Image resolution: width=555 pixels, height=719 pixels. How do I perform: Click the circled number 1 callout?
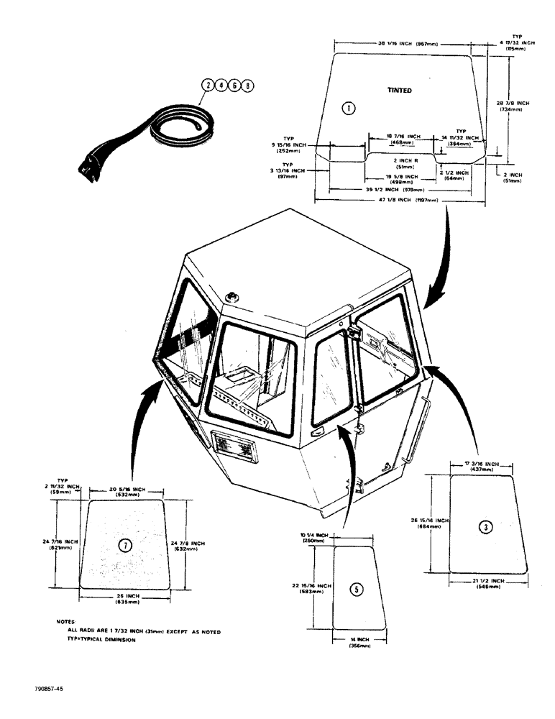[x=347, y=109]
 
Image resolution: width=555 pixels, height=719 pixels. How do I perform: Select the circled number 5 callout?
[x=356, y=590]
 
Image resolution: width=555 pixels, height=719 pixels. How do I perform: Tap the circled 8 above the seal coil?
[x=249, y=86]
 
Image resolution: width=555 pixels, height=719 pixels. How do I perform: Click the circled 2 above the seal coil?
[x=208, y=86]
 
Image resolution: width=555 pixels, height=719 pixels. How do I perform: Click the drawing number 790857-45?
[x=47, y=688]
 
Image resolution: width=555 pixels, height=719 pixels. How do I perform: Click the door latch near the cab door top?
[x=352, y=331]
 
